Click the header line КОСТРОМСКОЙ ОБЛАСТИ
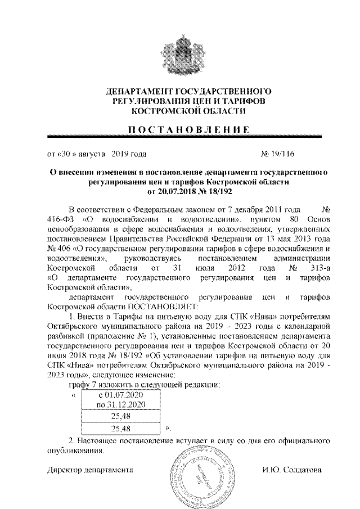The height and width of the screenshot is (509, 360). [185, 111]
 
